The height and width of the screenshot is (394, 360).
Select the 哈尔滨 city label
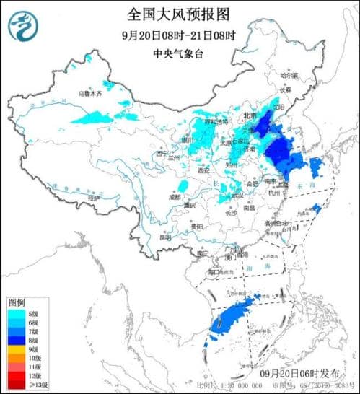(289, 74)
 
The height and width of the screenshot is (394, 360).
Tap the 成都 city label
(176, 196)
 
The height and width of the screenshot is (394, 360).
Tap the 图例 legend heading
(17, 301)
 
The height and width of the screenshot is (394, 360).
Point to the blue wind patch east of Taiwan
(316, 209)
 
